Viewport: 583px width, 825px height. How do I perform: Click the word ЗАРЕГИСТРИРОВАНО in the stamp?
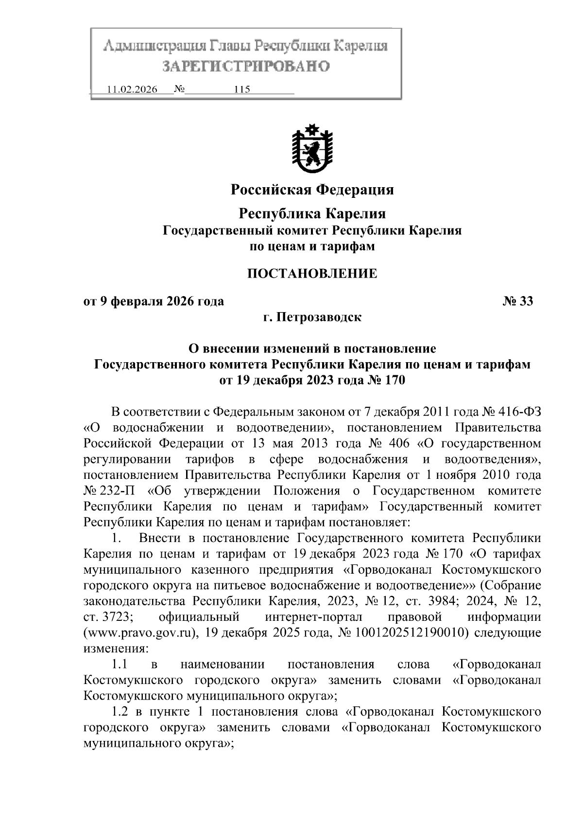(x=245, y=66)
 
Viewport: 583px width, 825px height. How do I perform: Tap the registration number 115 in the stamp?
(x=241, y=90)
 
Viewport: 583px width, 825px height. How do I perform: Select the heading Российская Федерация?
(x=312, y=190)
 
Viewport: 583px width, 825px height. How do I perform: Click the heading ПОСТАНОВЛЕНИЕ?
(x=312, y=273)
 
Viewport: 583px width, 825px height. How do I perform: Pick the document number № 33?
(x=517, y=301)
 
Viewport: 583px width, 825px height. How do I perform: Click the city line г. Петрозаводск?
(x=312, y=317)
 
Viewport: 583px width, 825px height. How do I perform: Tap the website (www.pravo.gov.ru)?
(x=140, y=633)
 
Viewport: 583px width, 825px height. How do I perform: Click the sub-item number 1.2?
(x=120, y=712)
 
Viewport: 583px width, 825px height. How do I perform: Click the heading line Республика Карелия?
(x=312, y=213)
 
